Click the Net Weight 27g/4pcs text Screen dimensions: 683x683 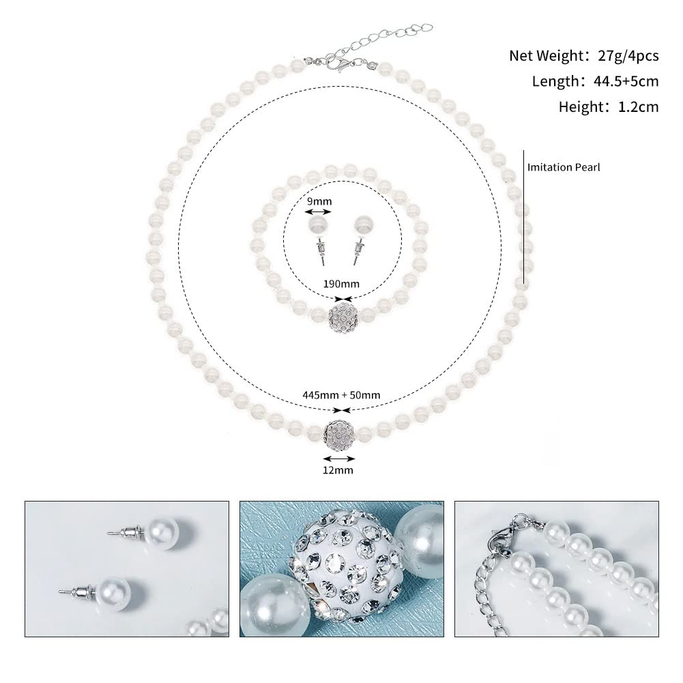click(x=584, y=56)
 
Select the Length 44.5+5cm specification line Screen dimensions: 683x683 click(x=595, y=82)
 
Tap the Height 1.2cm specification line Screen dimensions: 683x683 click(x=609, y=107)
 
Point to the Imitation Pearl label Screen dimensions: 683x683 click(x=564, y=166)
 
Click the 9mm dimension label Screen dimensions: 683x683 click(x=318, y=201)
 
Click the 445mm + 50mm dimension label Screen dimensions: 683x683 click(x=341, y=394)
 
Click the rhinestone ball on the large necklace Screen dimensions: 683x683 click(x=339, y=431)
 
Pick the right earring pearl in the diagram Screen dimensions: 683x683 click(x=361, y=226)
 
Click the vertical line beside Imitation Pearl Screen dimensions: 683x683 click(x=523, y=216)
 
